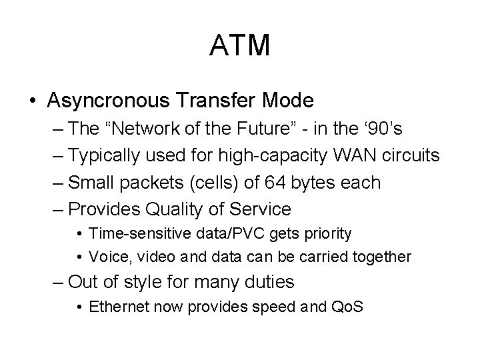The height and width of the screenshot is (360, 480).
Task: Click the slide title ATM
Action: pos(240,45)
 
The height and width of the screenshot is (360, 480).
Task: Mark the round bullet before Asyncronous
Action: pos(33,101)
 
